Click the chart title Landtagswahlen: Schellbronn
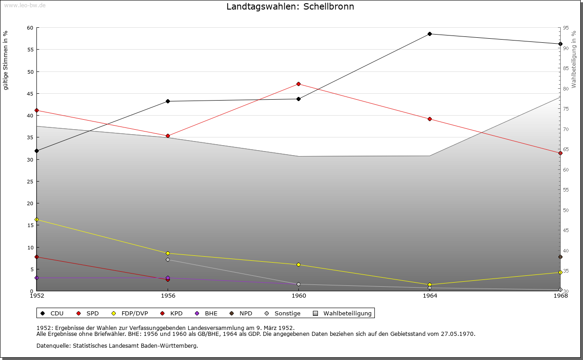(290, 7)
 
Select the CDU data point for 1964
(430, 34)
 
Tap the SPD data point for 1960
(298, 84)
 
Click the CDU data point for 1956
(168, 101)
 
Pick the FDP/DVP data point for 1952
(37, 219)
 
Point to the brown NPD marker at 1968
(560, 257)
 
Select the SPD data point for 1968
(560, 153)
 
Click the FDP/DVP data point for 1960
(298, 264)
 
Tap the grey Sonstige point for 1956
(168, 259)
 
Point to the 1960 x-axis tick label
(299, 296)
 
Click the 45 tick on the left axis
(30, 94)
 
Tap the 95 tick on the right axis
(566, 28)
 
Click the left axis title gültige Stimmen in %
(6, 61)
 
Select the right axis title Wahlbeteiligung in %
(574, 59)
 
